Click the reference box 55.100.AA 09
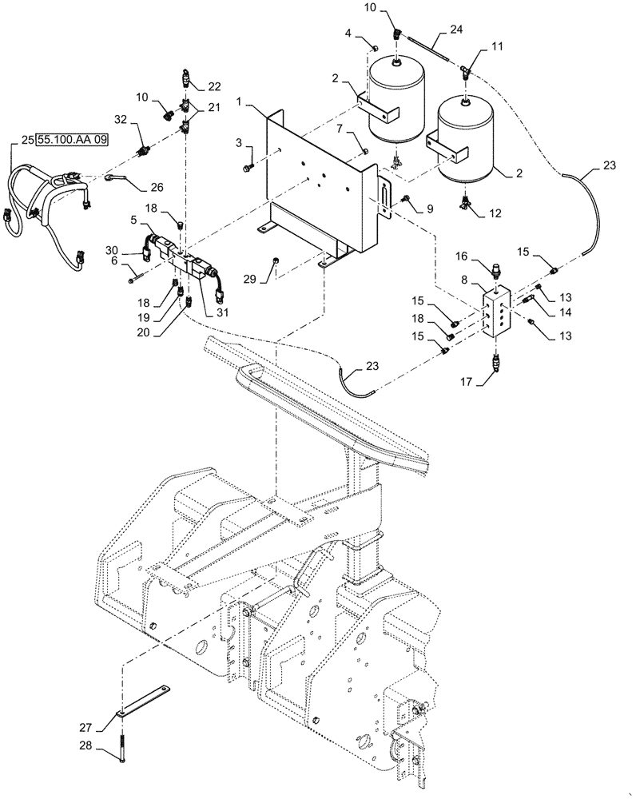point(71,139)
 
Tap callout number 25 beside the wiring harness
point(26,140)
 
